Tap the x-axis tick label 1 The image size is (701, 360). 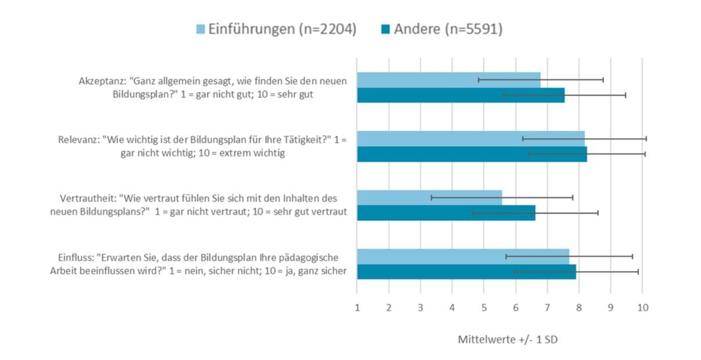(x=357, y=308)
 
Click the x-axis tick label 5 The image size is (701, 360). (x=483, y=308)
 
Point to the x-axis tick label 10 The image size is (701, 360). (x=642, y=308)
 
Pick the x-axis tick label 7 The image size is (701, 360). (x=547, y=308)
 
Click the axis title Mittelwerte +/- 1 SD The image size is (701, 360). (x=507, y=340)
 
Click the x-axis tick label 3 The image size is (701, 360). (x=420, y=308)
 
